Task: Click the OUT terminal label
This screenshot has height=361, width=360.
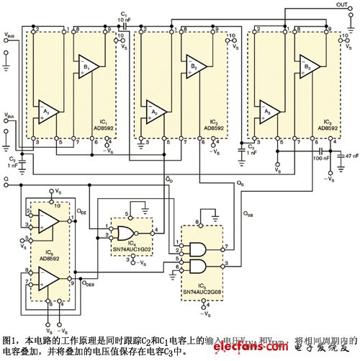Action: coord(341,5)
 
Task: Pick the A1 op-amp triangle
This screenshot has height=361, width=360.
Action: coord(48,112)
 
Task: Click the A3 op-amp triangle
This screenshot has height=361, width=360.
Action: coord(269,112)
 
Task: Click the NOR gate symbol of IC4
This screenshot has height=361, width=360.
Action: coord(124,232)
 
